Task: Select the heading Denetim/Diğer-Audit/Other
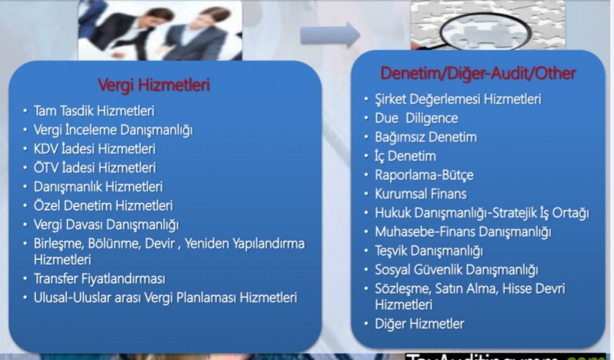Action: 478,73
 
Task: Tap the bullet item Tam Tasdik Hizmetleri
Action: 94,111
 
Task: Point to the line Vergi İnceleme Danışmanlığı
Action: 112,130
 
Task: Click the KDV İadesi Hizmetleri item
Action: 94,149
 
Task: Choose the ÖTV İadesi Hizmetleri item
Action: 94,168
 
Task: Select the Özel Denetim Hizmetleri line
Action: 103,205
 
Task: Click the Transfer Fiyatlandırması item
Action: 99,279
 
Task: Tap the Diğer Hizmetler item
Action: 419,324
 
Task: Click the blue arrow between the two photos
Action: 330,32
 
